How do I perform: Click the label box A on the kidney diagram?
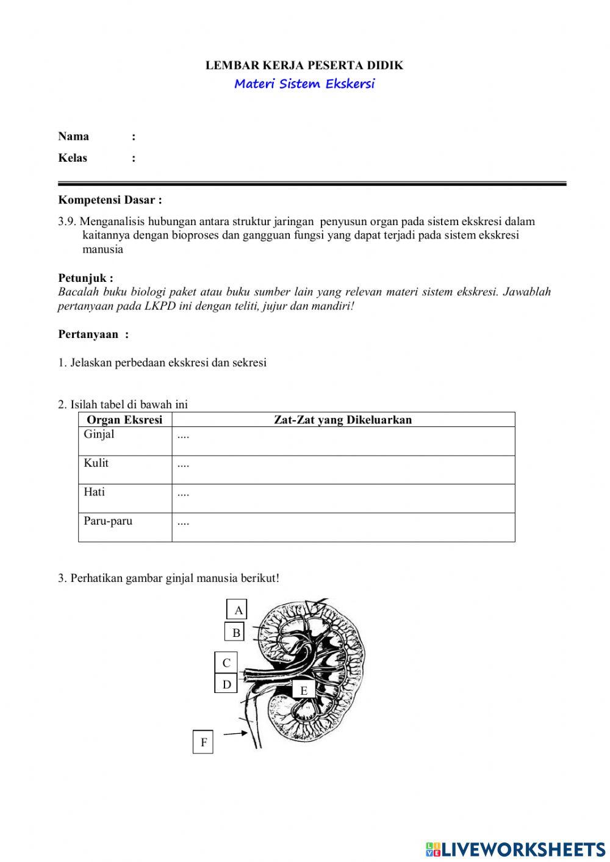tap(237, 609)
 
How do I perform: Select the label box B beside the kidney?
tap(235, 633)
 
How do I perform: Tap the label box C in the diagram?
tap(226, 663)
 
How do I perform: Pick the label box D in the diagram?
tap(226, 684)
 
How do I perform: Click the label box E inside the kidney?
tap(303, 690)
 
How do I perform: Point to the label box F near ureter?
tap(203, 742)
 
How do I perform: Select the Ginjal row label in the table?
tap(99, 434)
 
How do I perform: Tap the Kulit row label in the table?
tap(96, 463)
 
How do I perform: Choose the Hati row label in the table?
tap(94, 492)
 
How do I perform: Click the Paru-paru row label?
tap(108, 521)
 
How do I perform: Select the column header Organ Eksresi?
tap(124, 420)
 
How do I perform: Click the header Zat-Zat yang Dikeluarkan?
tap(343, 420)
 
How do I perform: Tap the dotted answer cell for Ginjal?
tap(343, 440)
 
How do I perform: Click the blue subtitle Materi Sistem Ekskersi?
tap(304, 84)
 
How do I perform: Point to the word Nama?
tap(73, 136)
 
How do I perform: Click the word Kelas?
tap(73, 158)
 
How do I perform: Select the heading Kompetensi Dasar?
tap(110, 200)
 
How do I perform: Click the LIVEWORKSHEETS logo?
tap(515, 849)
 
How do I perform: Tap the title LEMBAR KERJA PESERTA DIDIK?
tap(304, 65)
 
